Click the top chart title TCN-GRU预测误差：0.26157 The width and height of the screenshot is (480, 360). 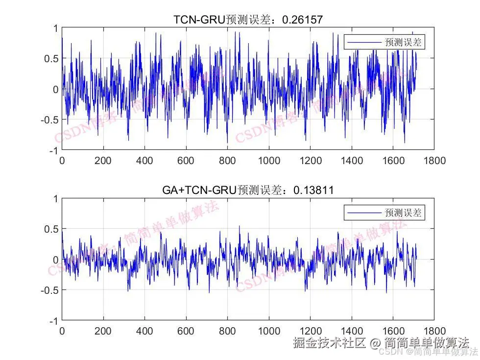pos(248,20)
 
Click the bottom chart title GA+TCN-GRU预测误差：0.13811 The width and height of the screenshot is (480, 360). pos(247,190)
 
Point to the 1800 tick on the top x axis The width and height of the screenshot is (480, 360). pos(434,161)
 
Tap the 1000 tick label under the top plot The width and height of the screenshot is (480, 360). pos(269,161)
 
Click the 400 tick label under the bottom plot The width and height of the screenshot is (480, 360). pos(144,331)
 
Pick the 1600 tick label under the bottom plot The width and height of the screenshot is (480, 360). pos(393,331)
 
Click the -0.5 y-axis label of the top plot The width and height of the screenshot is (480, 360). pos(49,120)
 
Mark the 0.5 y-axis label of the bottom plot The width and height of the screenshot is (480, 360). pos(51,229)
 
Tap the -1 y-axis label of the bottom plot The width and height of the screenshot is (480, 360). pos(52,320)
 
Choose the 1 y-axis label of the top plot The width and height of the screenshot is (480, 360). pos(55,28)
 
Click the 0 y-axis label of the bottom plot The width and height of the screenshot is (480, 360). pos(55,260)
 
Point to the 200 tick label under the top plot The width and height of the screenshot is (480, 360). pos(103,161)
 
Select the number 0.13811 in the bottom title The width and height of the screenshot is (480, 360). pos(313,190)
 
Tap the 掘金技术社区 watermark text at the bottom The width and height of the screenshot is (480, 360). pos(330,342)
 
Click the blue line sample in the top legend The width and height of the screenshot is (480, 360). pos(364,43)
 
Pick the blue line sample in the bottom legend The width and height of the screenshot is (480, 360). pos(364,213)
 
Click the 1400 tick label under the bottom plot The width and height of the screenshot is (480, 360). pos(352,331)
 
